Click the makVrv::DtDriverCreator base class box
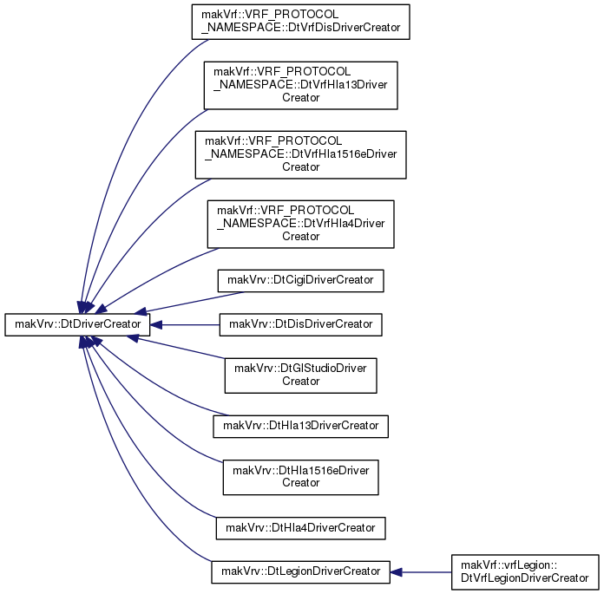(77, 324)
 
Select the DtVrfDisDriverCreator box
(300, 22)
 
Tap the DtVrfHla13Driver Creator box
(300, 85)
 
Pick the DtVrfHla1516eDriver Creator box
(300, 154)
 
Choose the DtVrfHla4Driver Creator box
(300, 224)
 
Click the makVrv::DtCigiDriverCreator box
(300, 281)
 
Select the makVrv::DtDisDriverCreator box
(300, 324)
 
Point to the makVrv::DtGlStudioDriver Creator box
(300, 375)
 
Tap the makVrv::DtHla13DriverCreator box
(300, 426)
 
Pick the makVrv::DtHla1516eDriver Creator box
(300, 477)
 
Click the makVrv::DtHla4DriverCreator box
(300, 528)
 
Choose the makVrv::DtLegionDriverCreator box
(300, 571)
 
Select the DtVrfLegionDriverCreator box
(525, 572)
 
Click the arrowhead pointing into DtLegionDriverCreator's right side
(396, 572)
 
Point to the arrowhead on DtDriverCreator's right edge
(155, 325)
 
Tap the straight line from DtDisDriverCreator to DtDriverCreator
(190, 325)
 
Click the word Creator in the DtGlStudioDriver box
(300, 382)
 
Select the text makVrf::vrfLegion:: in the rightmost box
(509, 565)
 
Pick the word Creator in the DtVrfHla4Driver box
(300, 236)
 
